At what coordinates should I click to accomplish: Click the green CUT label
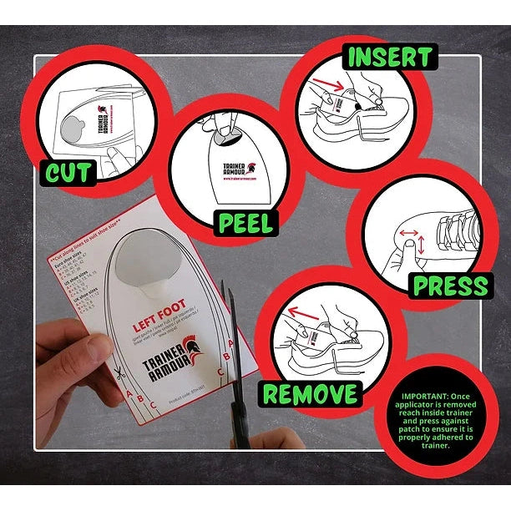pyautogui.click(x=70, y=173)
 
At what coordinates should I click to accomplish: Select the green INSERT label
pyautogui.click(x=391, y=58)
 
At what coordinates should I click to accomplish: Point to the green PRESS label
pyautogui.click(x=450, y=286)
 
